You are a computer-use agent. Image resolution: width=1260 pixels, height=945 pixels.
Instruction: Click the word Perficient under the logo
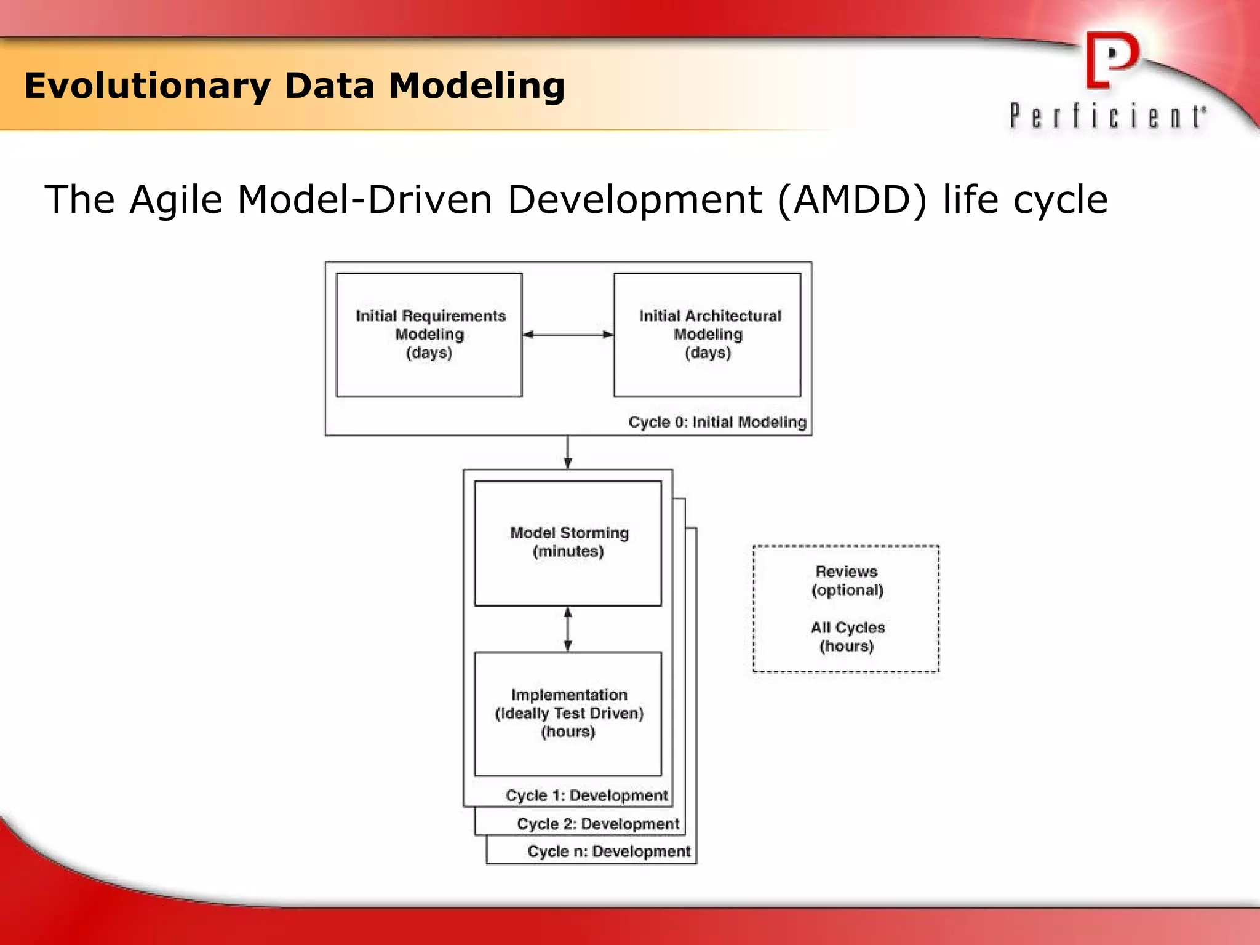pos(1107,116)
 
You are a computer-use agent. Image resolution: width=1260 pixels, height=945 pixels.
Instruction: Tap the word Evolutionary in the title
pos(147,86)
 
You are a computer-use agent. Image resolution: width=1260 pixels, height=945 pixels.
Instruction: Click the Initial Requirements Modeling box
pos(429,335)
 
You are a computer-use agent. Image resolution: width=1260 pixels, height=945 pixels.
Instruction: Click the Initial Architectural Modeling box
pos(708,335)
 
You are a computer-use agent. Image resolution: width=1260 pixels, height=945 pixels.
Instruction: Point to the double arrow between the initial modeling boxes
pos(568,335)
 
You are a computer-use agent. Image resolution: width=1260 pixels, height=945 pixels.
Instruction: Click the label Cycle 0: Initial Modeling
pos(717,422)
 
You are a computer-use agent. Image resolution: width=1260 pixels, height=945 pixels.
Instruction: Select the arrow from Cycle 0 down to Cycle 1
pos(567,452)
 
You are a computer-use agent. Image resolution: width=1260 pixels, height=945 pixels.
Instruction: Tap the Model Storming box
pos(568,543)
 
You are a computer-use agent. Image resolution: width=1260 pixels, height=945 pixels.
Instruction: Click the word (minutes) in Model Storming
pos(568,551)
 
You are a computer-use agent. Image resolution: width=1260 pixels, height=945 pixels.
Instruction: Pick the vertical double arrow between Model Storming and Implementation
pos(567,629)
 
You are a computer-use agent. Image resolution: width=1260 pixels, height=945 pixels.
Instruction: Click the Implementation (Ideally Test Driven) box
pos(568,713)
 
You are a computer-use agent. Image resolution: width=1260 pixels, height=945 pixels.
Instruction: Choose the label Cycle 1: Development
pos(586,795)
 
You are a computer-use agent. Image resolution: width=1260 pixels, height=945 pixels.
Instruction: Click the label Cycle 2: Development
pos(598,824)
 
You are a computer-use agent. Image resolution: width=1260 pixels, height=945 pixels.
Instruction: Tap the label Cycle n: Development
pos(609,851)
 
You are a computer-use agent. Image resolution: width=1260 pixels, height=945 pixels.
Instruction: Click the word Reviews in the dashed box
pos(846,572)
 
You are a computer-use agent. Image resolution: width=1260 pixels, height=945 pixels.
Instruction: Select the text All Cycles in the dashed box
pos(847,628)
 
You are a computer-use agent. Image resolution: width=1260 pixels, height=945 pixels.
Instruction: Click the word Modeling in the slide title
pos(477,86)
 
